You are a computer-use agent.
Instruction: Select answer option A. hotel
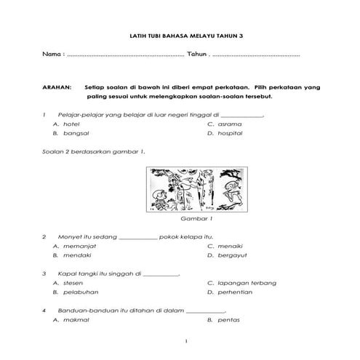tap(66, 124)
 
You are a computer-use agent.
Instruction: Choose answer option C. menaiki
tap(225, 247)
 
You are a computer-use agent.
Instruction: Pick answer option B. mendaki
tap(71, 256)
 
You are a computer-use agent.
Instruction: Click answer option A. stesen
tap(68, 282)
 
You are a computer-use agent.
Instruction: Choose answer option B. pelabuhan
tap(75, 292)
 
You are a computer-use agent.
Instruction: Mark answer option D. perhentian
tap(230, 292)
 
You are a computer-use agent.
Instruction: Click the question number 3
tap(44, 273)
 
